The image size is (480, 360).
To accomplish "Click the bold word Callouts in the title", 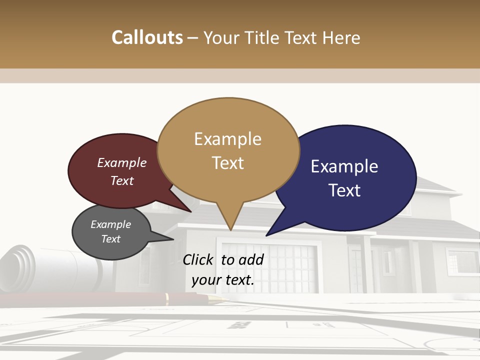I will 147,37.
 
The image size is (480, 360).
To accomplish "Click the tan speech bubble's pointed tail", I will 229,220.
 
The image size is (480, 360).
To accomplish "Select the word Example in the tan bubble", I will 227,139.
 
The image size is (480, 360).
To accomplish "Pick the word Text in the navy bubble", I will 344,190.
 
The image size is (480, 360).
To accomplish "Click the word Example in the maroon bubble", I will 122,162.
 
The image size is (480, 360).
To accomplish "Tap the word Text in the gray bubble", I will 111,239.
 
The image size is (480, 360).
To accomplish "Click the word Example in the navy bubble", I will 344,166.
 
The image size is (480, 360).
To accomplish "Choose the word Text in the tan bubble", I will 227,163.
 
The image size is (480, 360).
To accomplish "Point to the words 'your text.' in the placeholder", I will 223,280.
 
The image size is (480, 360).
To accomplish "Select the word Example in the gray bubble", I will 111,224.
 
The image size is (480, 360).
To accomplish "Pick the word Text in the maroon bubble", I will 122,180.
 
